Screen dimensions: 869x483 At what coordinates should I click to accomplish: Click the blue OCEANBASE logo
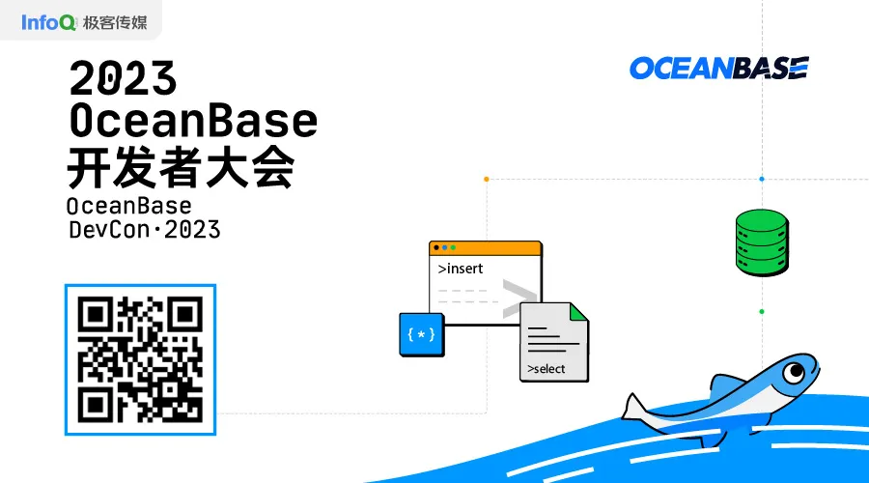click(x=718, y=68)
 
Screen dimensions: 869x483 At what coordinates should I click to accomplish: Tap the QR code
click(x=140, y=359)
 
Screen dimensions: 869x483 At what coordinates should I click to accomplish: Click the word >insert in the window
click(x=461, y=269)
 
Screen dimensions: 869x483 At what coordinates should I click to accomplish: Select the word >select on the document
click(x=547, y=369)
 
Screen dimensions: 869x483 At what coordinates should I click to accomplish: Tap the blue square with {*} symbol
click(x=422, y=334)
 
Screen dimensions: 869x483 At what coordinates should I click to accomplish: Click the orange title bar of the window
click(x=485, y=248)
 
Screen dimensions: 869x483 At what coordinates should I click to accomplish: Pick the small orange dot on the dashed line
click(x=486, y=179)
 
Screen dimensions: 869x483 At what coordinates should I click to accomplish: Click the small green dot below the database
click(x=761, y=311)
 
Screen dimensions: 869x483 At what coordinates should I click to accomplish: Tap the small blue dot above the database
click(x=761, y=179)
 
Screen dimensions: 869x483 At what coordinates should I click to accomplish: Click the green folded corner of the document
click(x=577, y=311)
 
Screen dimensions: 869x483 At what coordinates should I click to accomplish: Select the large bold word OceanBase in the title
click(x=193, y=121)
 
